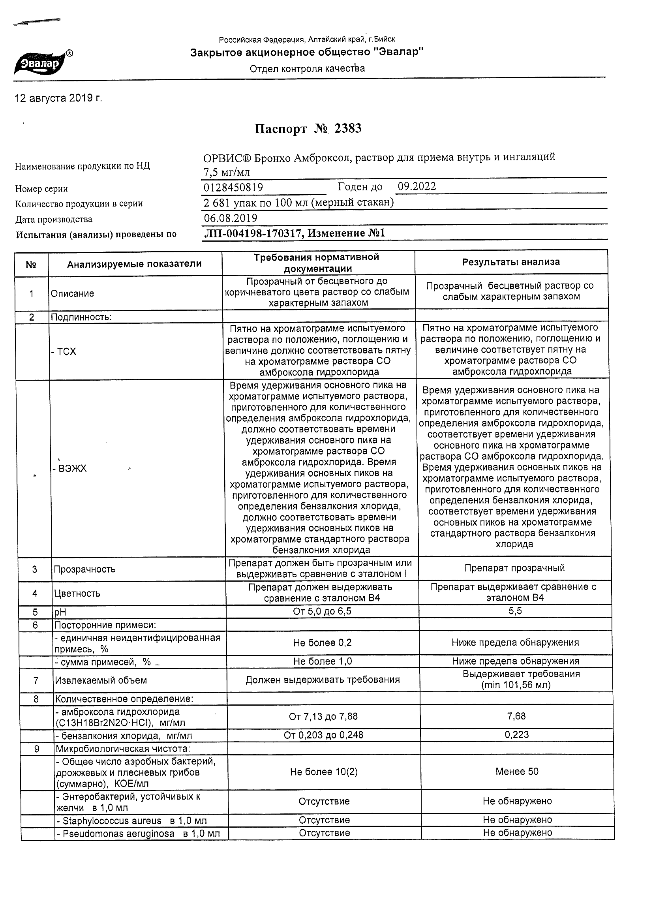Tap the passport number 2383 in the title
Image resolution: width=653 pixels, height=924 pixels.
point(348,128)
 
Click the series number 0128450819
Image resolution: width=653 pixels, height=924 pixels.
point(233,188)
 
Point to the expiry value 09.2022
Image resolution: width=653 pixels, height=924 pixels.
point(417,186)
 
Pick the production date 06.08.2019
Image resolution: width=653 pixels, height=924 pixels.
point(231,218)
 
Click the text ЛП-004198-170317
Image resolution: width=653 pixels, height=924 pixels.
point(253,233)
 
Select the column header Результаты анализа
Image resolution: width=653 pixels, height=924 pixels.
point(510,262)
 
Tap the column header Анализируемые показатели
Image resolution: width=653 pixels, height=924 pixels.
point(134,264)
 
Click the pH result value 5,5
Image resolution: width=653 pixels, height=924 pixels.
point(515,611)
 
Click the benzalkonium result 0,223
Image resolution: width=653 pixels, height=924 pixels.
point(517,735)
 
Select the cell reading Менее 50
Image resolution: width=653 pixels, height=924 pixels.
point(517,772)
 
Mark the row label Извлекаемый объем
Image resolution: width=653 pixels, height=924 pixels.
point(101,680)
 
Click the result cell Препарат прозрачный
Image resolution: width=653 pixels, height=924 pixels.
point(514,568)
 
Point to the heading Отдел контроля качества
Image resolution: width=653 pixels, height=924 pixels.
point(307,69)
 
